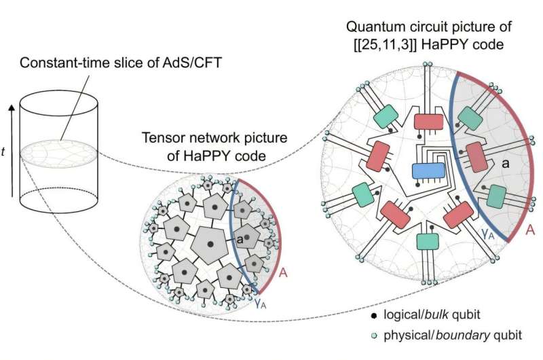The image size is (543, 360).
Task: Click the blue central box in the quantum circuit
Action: coord(428,170)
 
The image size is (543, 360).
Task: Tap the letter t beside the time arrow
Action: coord(3,151)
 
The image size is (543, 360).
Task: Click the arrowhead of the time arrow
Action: coord(12,108)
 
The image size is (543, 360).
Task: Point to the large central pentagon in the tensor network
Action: coord(210,245)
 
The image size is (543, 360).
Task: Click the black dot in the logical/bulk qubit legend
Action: coord(374,316)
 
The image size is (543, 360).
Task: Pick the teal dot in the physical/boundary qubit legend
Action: coord(374,336)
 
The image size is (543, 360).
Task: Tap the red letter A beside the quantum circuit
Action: coord(530,230)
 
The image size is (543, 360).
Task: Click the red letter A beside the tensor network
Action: coord(283,273)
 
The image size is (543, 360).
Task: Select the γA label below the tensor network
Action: coord(261,304)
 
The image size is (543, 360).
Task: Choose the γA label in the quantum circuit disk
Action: coord(487,233)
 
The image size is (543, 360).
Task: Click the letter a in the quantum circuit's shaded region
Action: coord(506,163)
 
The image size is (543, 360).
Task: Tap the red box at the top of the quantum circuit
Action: coord(429,122)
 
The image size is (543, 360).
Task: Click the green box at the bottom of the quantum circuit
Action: coord(428,242)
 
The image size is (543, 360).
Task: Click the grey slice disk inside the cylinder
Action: coord(59,154)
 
